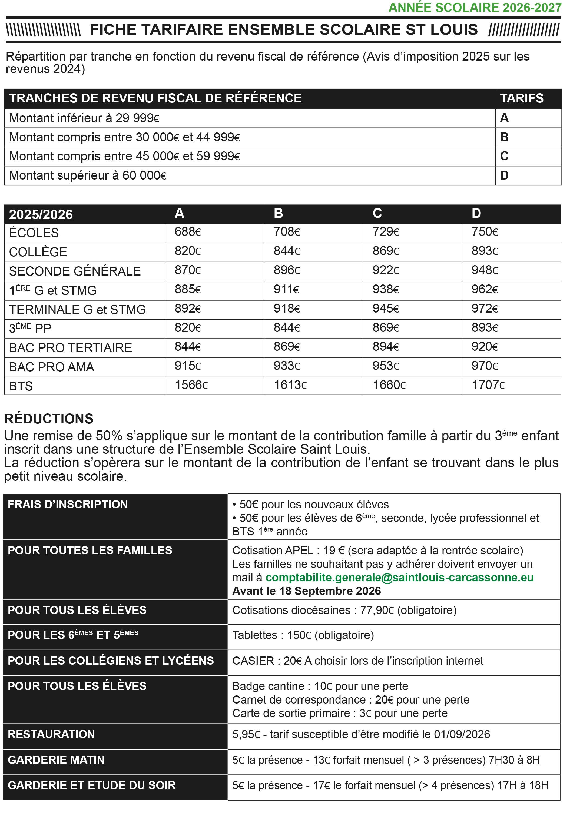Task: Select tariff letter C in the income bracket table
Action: click(504, 156)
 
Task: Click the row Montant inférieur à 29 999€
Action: click(84, 118)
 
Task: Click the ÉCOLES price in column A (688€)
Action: click(188, 232)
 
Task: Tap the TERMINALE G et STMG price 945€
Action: click(385, 309)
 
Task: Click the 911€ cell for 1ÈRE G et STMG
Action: click(286, 289)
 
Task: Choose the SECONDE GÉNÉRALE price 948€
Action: click(484, 270)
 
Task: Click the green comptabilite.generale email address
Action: click(399, 577)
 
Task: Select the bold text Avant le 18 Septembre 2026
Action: click(306, 591)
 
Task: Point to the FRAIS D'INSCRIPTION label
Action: click(68, 504)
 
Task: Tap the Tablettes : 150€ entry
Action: click(303, 635)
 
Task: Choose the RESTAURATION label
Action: click(51, 734)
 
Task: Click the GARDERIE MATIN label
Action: click(56, 760)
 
